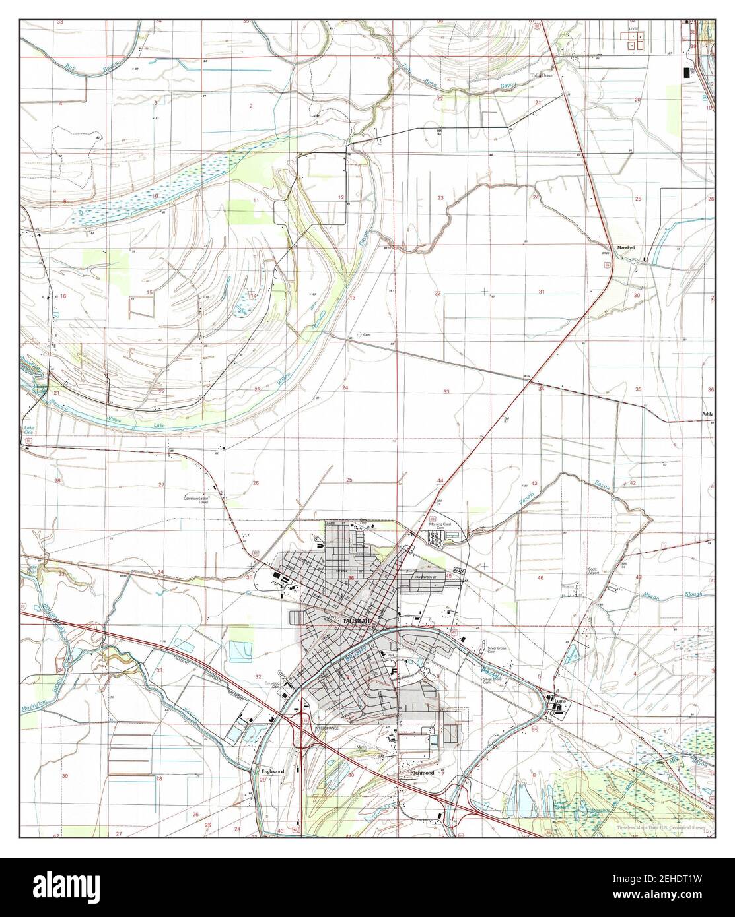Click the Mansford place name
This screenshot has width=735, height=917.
(x=625, y=247)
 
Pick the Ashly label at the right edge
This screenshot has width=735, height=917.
(x=708, y=414)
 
